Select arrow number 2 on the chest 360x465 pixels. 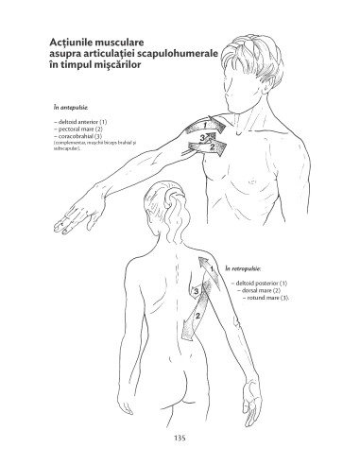214,146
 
